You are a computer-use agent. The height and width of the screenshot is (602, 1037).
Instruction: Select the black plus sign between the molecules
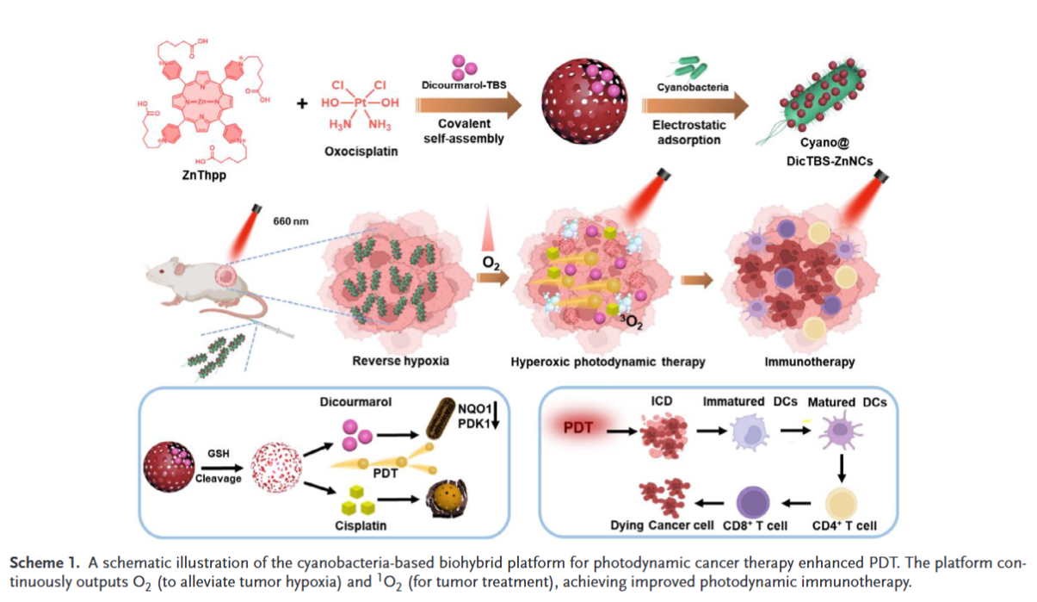(302, 104)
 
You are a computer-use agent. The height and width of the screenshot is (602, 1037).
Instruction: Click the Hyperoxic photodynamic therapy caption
(608, 362)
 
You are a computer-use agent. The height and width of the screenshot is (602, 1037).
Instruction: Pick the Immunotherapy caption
(810, 362)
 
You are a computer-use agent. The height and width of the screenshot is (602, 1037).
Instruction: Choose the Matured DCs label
(853, 402)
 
